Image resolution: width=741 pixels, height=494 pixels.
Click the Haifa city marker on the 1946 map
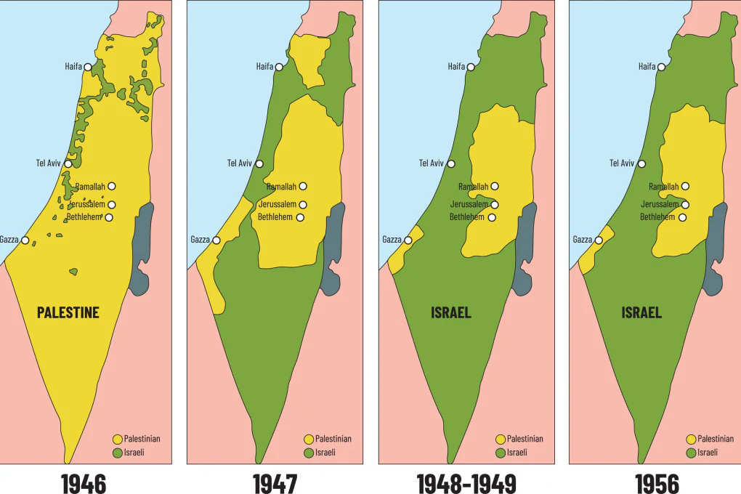(x=88, y=67)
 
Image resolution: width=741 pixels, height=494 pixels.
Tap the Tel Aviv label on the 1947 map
(x=239, y=163)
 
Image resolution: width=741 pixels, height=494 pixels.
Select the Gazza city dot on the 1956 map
(x=599, y=240)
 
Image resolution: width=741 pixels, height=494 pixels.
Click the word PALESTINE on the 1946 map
(x=68, y=312)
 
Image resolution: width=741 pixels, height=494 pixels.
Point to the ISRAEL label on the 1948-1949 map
(x=450, y=312)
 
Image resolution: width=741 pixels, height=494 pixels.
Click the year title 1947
(x=275, y=483)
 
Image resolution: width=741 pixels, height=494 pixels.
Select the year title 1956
(x=657, y=483)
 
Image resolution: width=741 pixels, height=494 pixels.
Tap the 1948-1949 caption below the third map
(x=466, y=483)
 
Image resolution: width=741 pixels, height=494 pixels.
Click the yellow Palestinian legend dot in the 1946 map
(x=117, y=439)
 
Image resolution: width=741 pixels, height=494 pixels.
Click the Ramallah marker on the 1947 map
(x=303, y=187)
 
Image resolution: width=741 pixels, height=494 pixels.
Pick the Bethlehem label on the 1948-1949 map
(x=466, y=217)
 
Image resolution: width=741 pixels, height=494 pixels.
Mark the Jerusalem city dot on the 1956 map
(x=685, y=205)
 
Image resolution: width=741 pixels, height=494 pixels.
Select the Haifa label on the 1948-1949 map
(x=456, y=67)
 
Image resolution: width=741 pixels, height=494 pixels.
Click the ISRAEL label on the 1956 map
(x=641, y=312)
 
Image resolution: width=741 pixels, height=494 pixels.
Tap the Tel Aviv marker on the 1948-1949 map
(x=451, y=163)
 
